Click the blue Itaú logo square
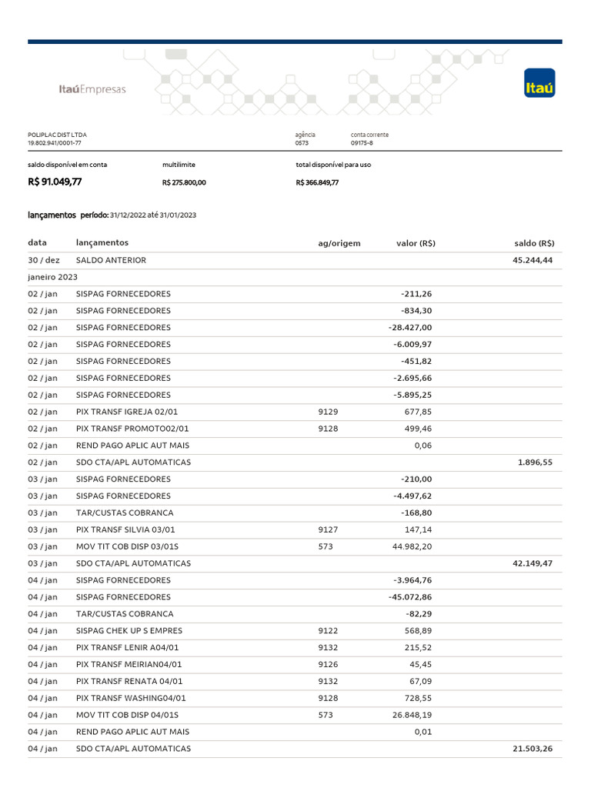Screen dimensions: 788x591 pyautogui.click(x=539, y=83)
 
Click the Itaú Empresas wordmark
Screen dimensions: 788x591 pyautogui.click(x=92, y=89)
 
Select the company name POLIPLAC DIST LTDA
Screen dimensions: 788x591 pyautogui.click(x=58, y=135)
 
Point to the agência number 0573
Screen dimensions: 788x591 pyautogui.click(x=302, y=143)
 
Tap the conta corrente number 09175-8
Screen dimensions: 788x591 pyautogui.click(x=362, y=143)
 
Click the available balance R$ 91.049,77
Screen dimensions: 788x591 pyautogui.click(x=55, y=182)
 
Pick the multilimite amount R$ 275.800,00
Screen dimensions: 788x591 pyautogui.click(x=184, y=183)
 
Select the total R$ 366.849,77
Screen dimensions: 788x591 pyautogui.click(x=317, y=183)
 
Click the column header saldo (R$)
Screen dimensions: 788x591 pyautogui.click(x=534, y=243)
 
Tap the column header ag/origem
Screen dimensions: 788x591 pyautogui.click(x=339, y=243)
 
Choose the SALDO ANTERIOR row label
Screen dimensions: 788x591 pyautogui.click(x=111, y=260)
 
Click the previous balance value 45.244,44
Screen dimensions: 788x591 pyautogui.click(x=532, y=260)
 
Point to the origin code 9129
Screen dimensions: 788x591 pyautogui.click(x=328, y=412)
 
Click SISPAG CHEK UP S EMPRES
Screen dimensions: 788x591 pyautogui.click(x=129, y=631)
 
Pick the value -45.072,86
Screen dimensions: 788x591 pyautogui.click(x=413, y=597)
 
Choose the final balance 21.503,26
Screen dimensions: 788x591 pyautogui.click(x=532, y=749)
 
